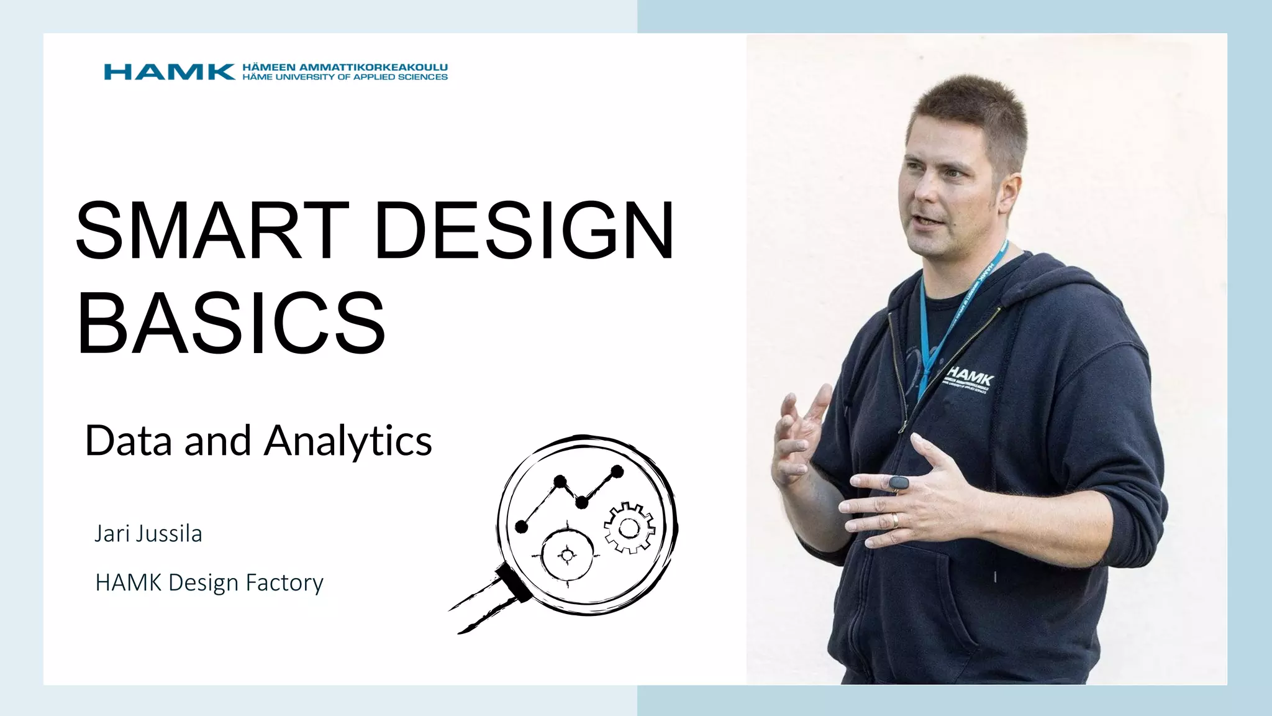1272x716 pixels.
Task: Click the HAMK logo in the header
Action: (x=169, y=72)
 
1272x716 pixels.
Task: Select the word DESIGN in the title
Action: (x=524, y=229)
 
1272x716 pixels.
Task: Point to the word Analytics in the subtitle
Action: (x=348, y=441)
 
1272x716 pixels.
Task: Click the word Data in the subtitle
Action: (x=128, y=441)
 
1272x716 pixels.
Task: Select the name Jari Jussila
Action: (x=148, y=533)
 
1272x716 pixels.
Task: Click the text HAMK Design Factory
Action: (x=209, y=582)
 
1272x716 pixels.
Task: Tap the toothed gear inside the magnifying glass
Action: (x=629, y=528)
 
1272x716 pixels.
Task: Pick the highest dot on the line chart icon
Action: (x=617, y=471)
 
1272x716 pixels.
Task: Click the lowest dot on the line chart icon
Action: (x=522, y=527)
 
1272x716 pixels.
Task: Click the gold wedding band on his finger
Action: (x=895, y=520)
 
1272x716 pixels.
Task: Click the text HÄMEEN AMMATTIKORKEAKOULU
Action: (x=345, y=67)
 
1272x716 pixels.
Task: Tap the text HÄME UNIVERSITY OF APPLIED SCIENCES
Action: (x=345, y=77)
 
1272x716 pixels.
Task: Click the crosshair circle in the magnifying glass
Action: (x=566, y=554)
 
